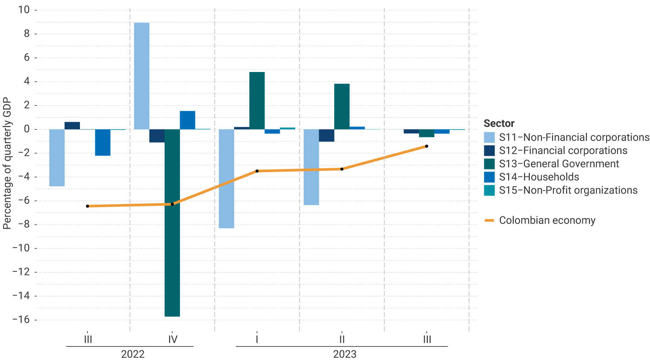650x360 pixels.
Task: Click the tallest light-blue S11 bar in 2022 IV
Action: coord(141,76)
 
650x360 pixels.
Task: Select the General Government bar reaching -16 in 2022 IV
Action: coord(172,223)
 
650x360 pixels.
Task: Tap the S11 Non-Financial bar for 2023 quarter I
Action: coord(226,179)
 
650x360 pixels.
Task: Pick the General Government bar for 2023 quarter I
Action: coord(257,101)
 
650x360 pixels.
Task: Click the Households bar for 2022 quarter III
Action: coord(103,142)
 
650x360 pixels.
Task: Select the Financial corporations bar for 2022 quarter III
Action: coord(72,126)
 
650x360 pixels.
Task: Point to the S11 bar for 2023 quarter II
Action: coord(311,167)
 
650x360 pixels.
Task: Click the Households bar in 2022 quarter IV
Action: coord(188,120)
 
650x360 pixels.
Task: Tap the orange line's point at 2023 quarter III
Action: coord(426,146)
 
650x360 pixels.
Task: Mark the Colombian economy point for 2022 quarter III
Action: coord(87,206)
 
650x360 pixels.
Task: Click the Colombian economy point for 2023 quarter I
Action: coord(257,171)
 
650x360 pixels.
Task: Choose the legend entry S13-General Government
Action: coord(559,164)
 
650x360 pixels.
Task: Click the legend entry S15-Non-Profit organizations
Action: coord(568,190)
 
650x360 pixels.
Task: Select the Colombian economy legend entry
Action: coord(547,220)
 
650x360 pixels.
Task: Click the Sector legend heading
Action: coord(499,123)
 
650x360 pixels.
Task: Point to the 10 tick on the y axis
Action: coord(24,10)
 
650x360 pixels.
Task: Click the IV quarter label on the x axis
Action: coord(173,339)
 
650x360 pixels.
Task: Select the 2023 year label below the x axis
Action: coord(344,354)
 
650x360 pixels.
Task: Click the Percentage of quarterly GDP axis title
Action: coord(7,163)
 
